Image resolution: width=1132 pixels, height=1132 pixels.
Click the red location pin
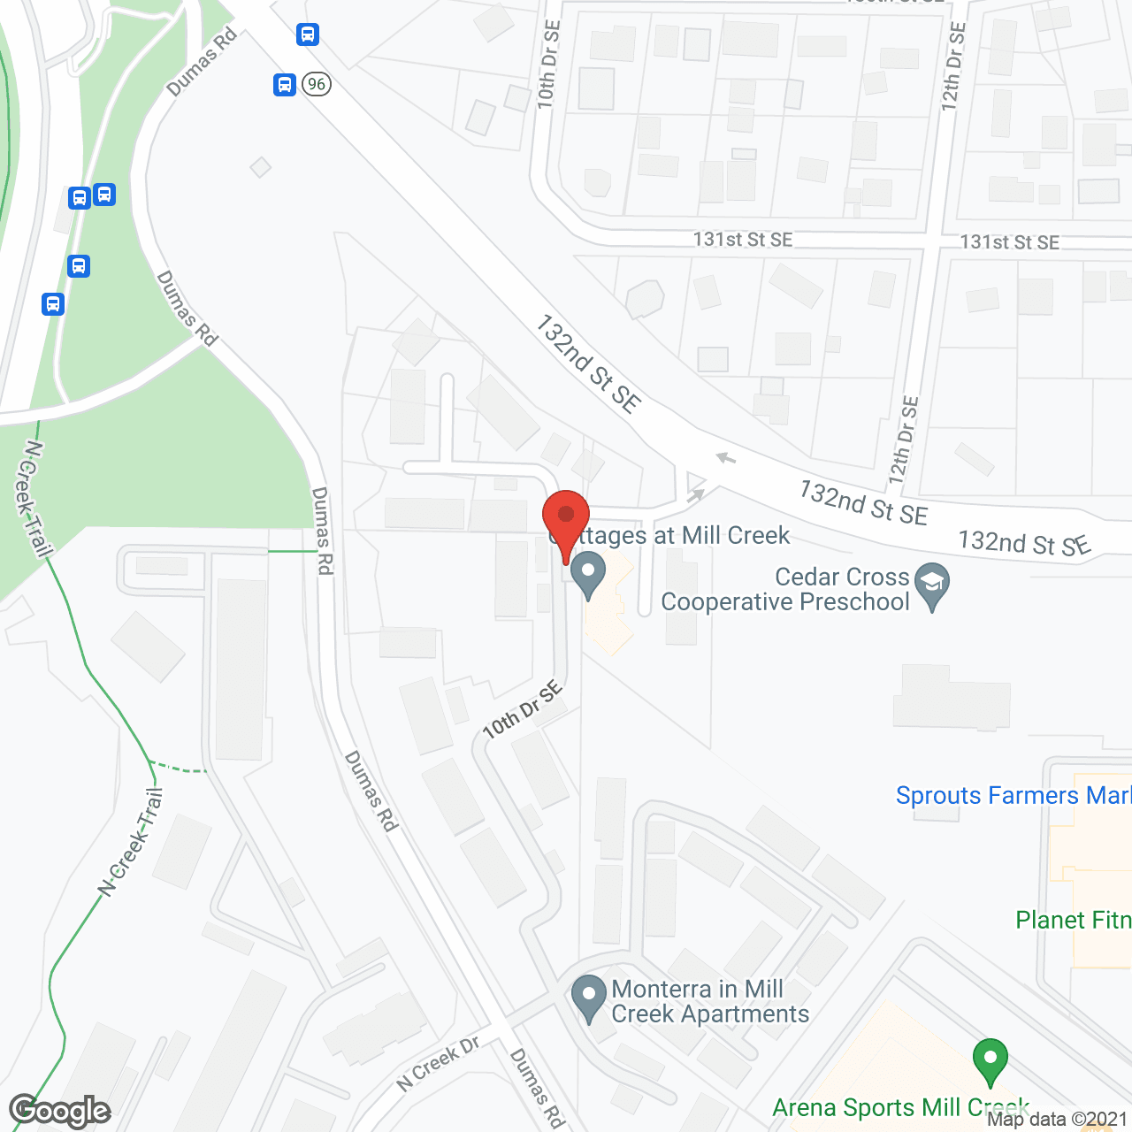tap(566, 517)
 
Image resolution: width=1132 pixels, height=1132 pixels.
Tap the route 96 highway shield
tap(316, 84)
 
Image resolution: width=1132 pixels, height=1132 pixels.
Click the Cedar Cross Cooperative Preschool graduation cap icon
tap(932, 584)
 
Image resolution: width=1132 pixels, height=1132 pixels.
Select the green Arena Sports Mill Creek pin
tap(990, 1059)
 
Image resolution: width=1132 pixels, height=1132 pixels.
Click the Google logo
tap(60, 1111)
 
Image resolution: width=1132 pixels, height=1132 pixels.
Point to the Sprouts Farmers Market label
tap(1013, 795)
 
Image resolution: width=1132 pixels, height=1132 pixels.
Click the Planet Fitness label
tap(1073, 920)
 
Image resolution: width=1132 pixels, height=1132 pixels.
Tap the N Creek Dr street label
tap(438, 1062)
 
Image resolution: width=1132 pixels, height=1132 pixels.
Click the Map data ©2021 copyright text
tap(1057, 1119)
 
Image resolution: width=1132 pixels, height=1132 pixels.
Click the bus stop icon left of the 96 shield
tap(285, 85)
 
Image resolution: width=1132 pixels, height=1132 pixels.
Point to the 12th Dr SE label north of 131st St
tap(952, 66)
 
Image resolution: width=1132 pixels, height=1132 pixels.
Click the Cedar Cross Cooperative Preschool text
tap(785, 589)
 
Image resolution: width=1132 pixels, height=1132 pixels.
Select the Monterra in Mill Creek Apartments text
tap(710, 1001)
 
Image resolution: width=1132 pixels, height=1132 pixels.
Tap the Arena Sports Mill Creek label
tap(900, 1107)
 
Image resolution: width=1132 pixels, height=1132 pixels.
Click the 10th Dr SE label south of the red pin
tap(523, 710)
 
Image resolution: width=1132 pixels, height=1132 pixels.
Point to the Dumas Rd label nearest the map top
tap(202, 62)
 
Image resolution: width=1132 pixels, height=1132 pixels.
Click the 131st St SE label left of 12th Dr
tap(743, 239)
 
